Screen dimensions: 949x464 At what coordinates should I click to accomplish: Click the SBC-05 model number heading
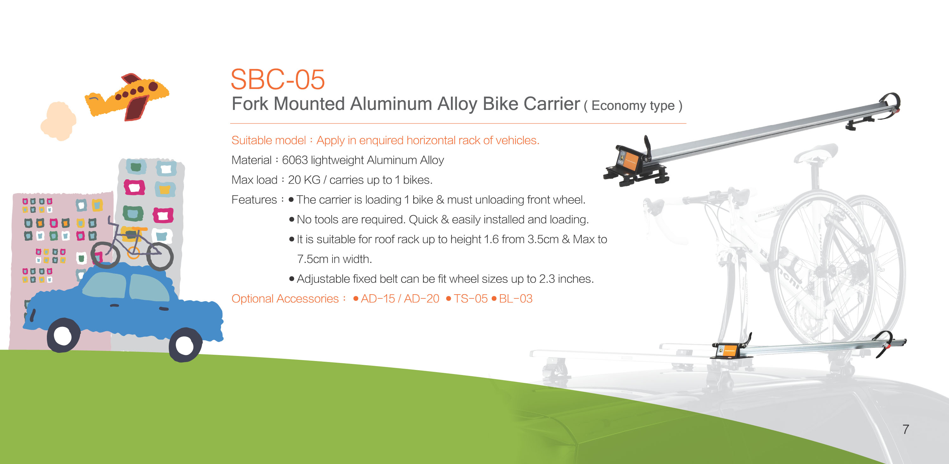pos(277,79)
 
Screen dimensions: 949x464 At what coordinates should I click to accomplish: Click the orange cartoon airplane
pos(127,97)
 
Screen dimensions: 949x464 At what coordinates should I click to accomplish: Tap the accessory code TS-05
pos(471,299)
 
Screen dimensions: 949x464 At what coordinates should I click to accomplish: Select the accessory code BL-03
pos(516,299)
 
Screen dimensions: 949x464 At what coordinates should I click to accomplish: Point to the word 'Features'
pos(254,200)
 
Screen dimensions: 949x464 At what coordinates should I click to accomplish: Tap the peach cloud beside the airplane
pos(58,121)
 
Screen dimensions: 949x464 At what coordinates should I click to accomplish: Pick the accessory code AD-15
pos(378,299)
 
